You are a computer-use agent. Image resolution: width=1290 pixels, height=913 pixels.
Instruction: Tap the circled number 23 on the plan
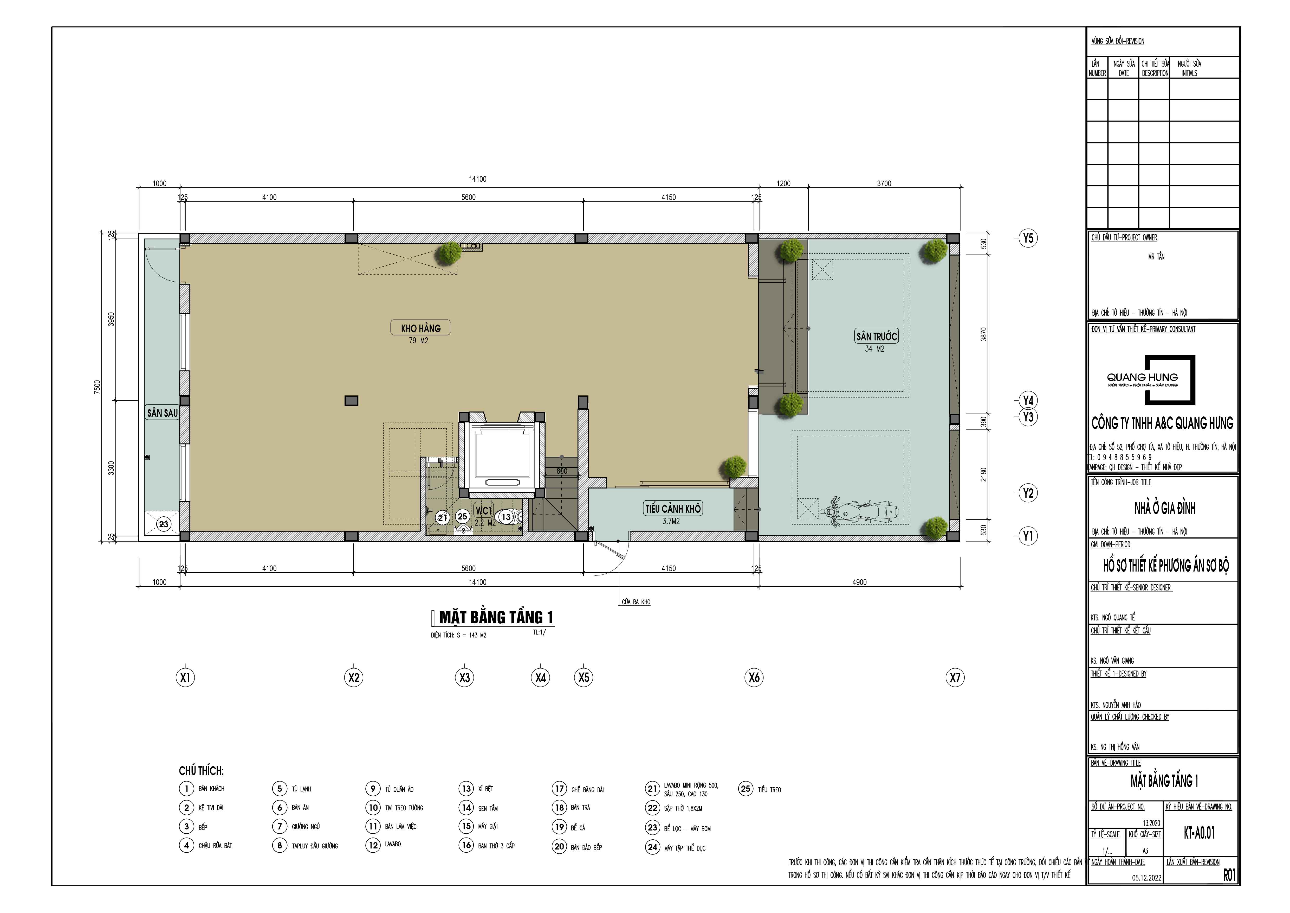click(164, 524)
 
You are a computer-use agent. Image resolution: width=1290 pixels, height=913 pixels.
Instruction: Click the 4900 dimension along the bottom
click(859, 582)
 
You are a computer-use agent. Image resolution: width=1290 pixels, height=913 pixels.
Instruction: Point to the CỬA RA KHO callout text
click(636, 601)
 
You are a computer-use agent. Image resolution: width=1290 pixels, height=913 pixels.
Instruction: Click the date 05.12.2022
click(1146, 878)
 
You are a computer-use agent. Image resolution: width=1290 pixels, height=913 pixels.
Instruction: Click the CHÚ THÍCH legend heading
click(201, 771)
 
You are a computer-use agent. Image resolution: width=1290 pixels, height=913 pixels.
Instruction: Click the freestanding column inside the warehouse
click(351, 400)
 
